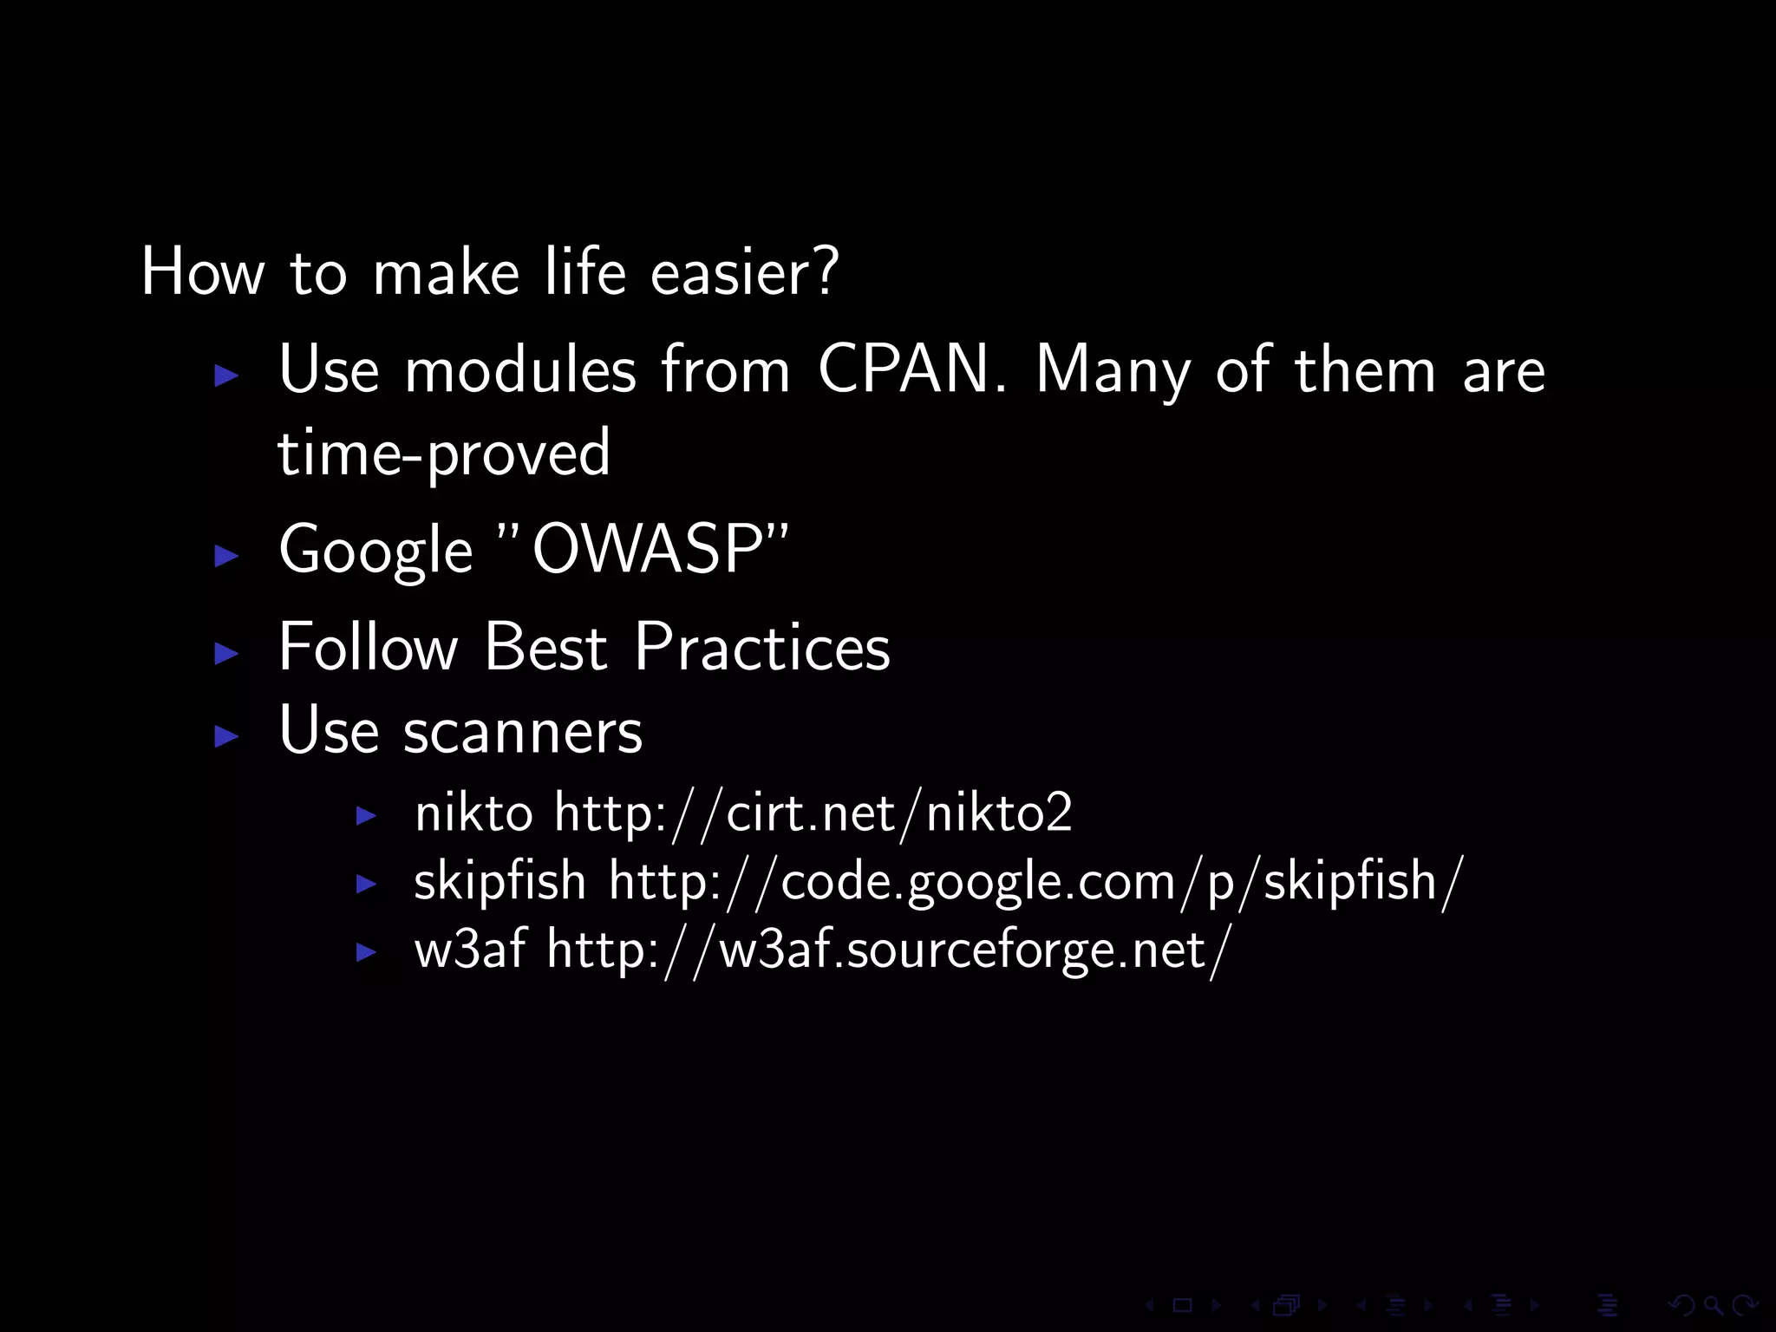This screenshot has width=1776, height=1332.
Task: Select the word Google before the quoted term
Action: (x=375, y=552)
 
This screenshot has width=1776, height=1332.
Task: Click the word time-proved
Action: (x=444, y=453)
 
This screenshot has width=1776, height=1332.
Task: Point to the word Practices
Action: (x=761, y=647)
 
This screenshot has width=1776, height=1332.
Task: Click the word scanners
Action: (x=522, y=730)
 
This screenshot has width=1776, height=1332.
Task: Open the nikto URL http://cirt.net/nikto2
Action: (x=813, y=813)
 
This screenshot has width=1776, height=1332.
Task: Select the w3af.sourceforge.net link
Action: (x=888, y=950)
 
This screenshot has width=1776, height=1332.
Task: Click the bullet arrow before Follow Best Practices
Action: (x=226, y=653)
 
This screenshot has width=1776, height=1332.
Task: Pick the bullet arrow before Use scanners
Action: (x=226, y=736)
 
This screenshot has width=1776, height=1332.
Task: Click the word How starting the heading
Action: (x=202, y=272)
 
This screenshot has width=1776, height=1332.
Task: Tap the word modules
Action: (x=520, y=369)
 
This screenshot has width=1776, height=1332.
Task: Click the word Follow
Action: (x=368, y=647)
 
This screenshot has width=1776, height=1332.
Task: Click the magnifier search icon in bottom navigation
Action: (x=1713, y=1305)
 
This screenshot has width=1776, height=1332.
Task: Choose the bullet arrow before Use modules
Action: (x=226, y=375)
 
